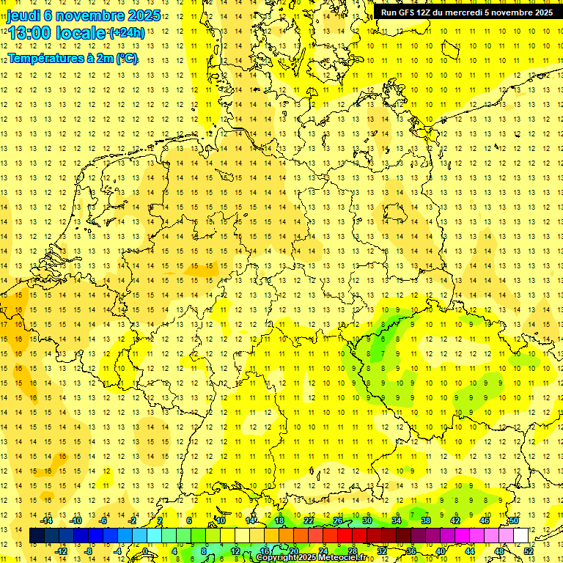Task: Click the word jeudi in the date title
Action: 24,15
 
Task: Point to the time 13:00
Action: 29,33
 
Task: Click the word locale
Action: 81,33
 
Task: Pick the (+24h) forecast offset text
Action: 126,33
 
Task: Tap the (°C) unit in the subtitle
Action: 126,58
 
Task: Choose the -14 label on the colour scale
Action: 48,520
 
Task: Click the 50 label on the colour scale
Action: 514,520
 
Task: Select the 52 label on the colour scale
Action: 529,551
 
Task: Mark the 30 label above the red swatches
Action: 367,520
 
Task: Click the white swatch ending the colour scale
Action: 520,536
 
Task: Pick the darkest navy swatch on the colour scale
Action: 37,536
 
